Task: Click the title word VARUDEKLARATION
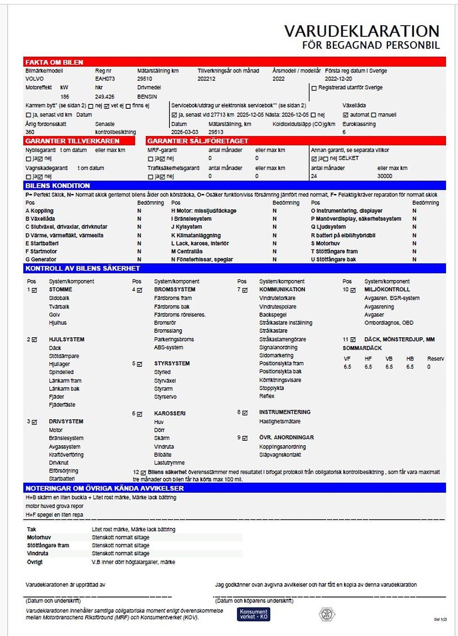(361, 31)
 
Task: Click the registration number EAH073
(105, 79)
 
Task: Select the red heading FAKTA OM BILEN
(54, 62)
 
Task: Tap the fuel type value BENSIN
(147, 97)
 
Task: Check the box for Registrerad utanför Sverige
(314, 88)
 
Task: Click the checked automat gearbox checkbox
(345, 115)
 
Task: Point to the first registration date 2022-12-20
(338, 79)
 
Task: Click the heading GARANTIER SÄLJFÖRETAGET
(197, 141)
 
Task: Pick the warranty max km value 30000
(385, 176)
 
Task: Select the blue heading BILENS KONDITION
(58, 185)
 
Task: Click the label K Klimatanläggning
(196, 235)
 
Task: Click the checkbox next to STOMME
(34, 290)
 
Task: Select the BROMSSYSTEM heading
(174, 290)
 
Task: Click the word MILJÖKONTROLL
(387, 290)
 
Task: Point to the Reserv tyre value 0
(429, 367)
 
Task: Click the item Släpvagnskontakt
(280, 455)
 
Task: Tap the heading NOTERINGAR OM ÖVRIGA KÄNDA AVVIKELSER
(105, 488)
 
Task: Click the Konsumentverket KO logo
(254, 614)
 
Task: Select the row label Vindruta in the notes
(38, 554)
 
